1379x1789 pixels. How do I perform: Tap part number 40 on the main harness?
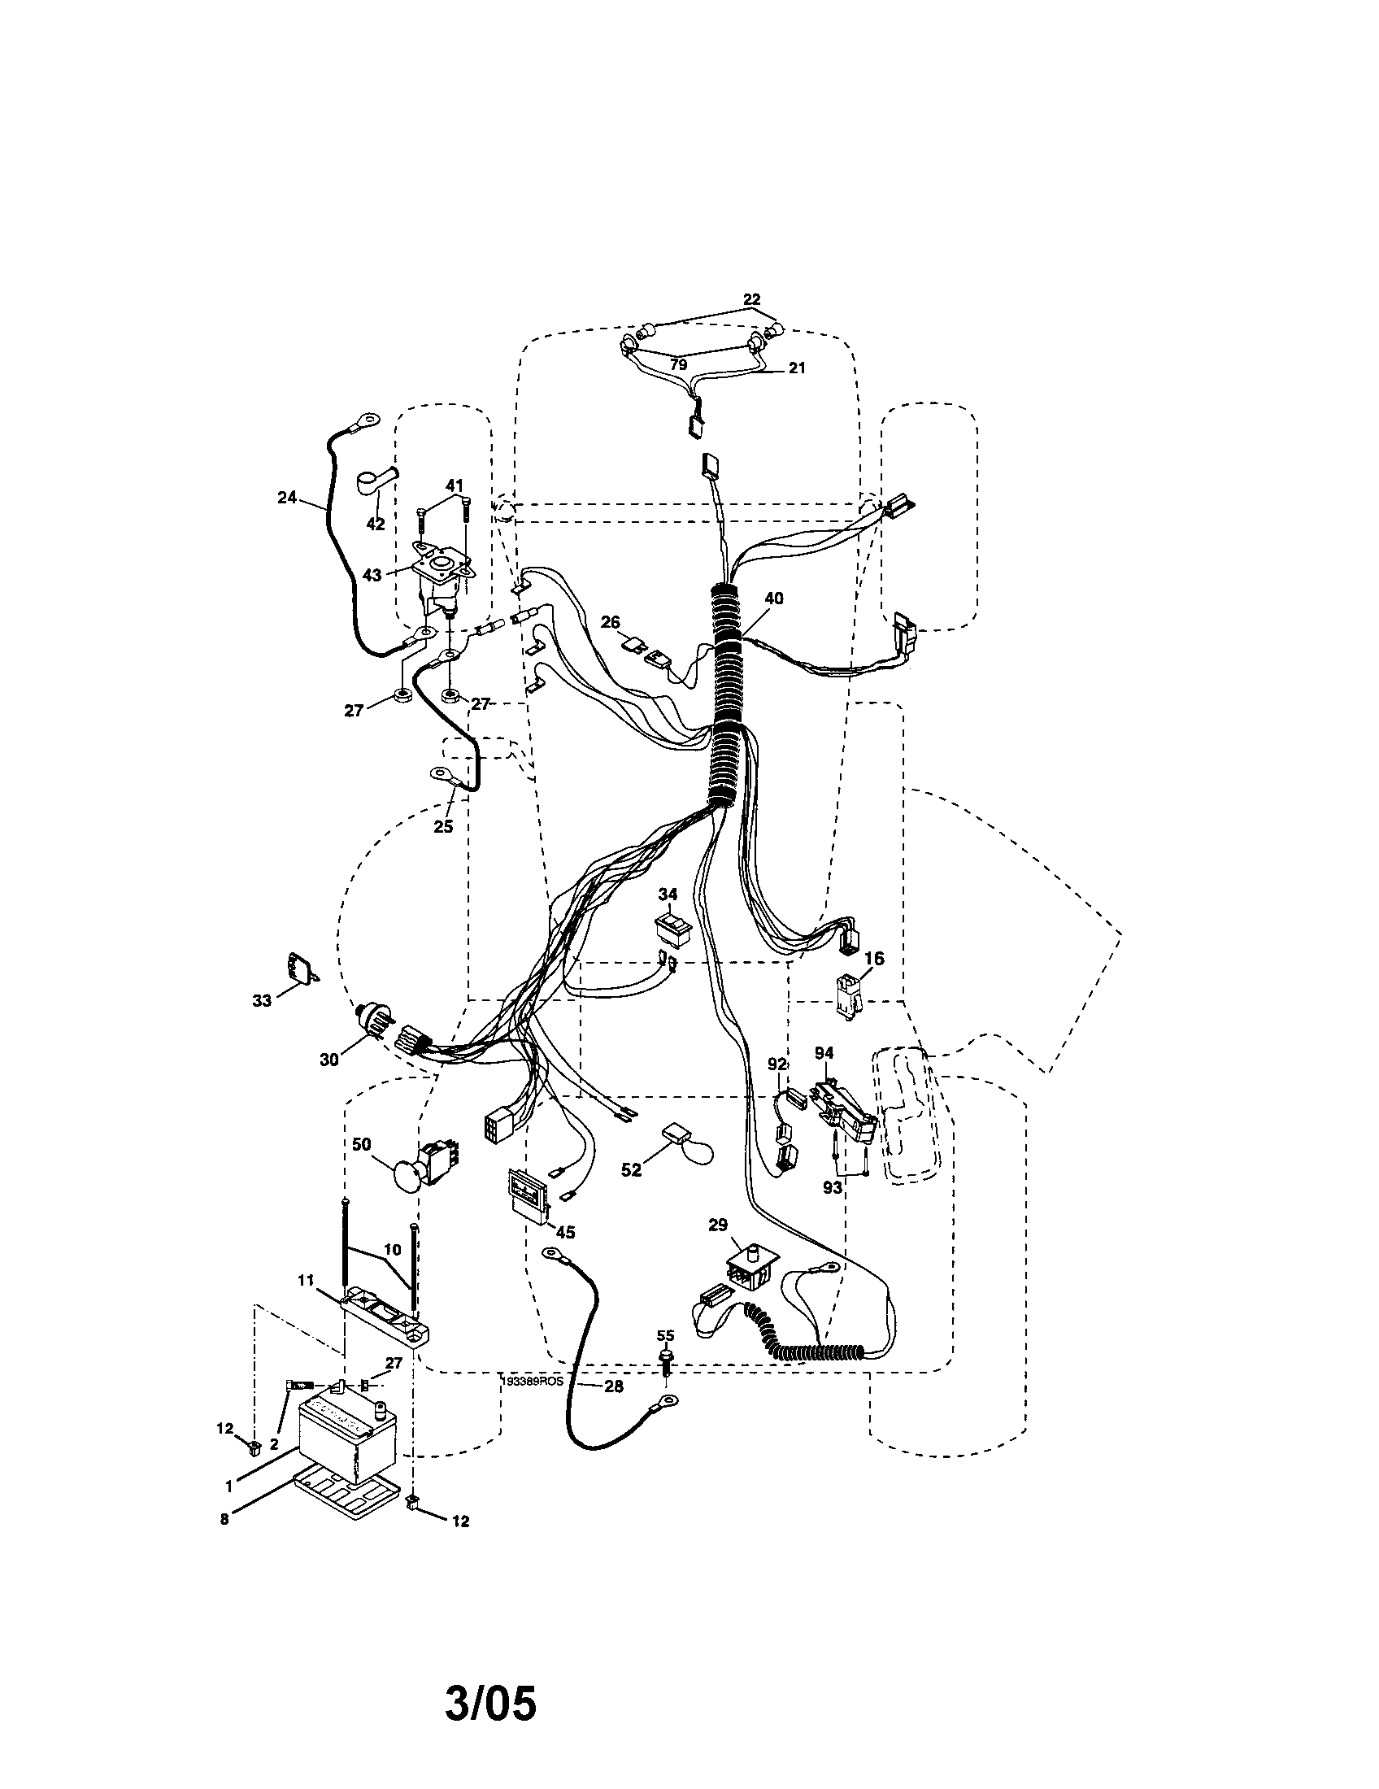click(x=773, y=599)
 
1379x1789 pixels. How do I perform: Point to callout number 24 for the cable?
click(x=286, y=496)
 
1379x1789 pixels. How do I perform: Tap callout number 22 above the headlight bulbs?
click(x=751, y=300)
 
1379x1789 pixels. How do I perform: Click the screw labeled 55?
click(x=667, y=1362)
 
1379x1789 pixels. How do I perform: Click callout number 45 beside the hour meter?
click(x=564, y=1233)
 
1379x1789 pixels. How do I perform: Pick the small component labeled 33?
click(x=299, y=968)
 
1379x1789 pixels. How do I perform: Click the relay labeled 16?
click(x=846, y=994)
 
